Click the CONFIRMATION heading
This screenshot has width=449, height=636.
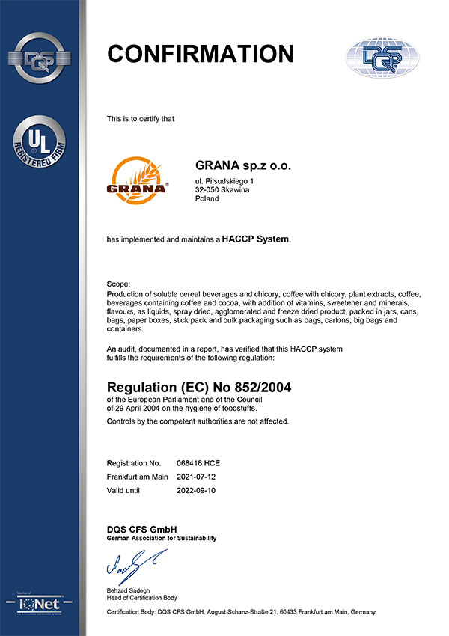(200, 54)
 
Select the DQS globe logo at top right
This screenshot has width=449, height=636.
(379, 57)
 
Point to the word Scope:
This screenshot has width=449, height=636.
(118, 285)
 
